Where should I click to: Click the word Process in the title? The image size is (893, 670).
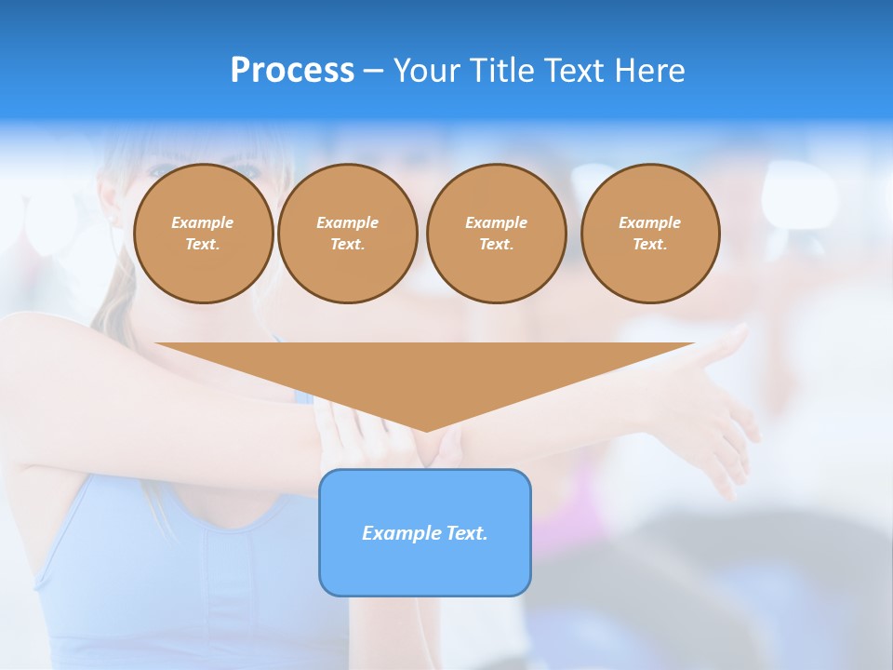[x=292, y=71]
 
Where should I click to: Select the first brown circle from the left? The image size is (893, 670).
[x=204, y=234]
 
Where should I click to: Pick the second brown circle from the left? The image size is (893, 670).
[x=348, y=234]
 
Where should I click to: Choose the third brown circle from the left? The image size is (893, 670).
[x=497, y=234]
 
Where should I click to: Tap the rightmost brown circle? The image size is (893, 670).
[x=650, y=234]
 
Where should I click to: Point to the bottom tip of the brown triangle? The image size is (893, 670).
[x=426, y=429]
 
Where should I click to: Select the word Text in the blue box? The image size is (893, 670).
[x=467, y=533]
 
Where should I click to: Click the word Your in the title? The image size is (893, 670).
[x=429, y=71]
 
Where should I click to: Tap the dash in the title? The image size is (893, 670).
[x=374, y=71]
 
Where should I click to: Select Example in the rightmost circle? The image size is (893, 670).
[x=650, y=222]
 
